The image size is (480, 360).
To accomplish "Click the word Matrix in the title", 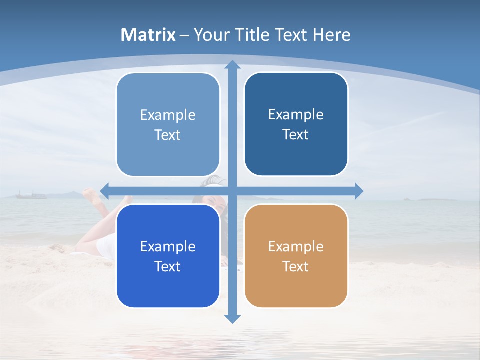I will pos(148,35).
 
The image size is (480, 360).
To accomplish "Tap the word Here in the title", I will pos(331,35).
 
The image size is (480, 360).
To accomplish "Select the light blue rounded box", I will pos(168,125).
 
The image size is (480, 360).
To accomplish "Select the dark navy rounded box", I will pos(296,124).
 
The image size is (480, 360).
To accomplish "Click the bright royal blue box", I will pos(168,256).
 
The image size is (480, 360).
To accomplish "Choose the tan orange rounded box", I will pos(296,256).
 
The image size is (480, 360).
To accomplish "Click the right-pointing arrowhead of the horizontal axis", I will pos(359,191).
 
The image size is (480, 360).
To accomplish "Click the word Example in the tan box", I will pos(296,246).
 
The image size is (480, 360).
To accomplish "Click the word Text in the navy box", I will pos(296,135).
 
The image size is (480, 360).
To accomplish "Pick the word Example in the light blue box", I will pos(168,115).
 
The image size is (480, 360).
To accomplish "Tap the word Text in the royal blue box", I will pos(168,266).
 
